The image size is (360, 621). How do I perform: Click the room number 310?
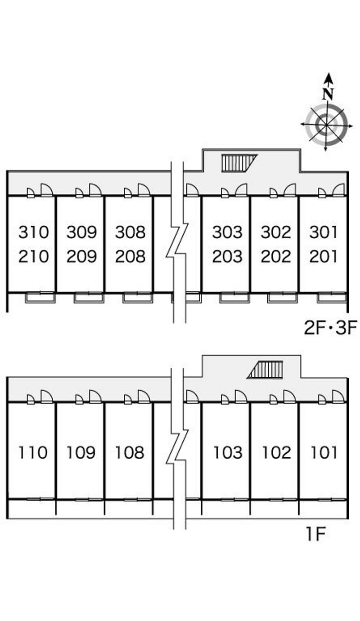tap(34, 232)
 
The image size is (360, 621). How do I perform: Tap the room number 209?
tap(81, 256)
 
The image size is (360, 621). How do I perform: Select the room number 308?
tap(130, 232)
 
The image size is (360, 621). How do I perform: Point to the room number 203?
tap(227, 256)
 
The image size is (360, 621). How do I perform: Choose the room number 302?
tap(276, 232)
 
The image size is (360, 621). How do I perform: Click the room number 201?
tap(324, 256)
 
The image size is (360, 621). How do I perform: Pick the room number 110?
tap(33, 452)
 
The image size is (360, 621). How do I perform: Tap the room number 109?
tap(81, 452)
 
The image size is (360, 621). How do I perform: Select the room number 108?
tap(130, 452)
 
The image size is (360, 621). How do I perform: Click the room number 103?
tap(228, 452)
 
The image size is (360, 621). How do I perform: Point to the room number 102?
tap(276, 452)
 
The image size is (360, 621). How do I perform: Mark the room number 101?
tap(324, 452)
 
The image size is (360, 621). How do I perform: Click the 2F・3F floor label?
tap(330, 328)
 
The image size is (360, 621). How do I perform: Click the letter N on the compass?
tap(328, 94)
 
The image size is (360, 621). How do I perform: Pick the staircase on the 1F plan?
tap(265, 370)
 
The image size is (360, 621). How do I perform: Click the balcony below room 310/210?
tap(40, 298)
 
